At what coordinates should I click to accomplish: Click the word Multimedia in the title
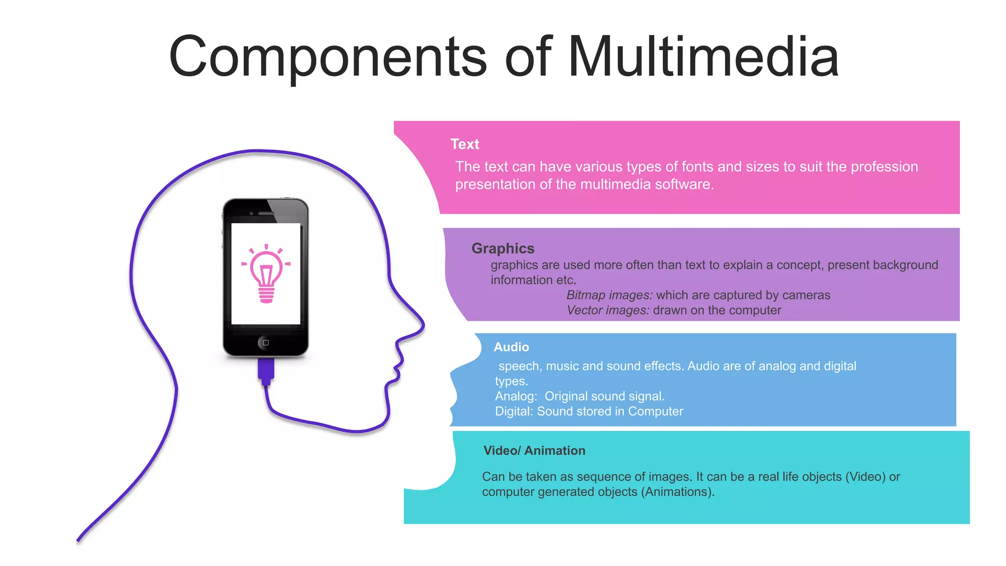[703, 57]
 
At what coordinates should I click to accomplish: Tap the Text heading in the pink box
[465, 144]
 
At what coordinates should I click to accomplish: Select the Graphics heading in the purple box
[503, 248]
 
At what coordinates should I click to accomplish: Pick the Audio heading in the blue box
[511, 347]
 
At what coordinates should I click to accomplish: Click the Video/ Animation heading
[534, 451]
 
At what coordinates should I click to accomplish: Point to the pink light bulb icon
[266, 274]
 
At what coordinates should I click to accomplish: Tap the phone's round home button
[266, 342]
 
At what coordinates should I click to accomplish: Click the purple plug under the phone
[266, 370]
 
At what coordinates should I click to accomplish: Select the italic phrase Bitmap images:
[609, 295]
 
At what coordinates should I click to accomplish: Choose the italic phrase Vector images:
[608, 310]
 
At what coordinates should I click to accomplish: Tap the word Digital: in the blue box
[514, 411]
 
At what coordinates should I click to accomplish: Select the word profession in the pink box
[884, 167]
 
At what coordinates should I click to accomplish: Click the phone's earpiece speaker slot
[266, 213]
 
